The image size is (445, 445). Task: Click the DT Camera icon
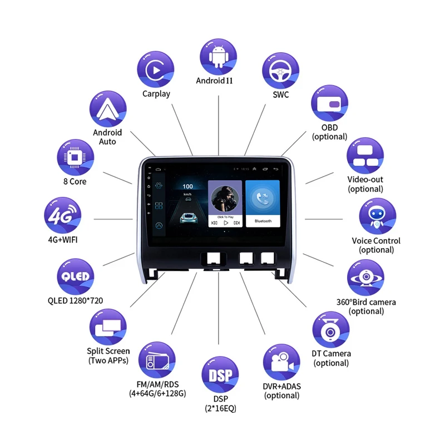coord(330,330)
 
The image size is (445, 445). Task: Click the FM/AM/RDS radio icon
coord(156,360)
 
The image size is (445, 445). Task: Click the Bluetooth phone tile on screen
coord(263,204)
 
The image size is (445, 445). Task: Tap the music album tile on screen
coord(225,204)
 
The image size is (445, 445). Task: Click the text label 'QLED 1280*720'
coord(75,301)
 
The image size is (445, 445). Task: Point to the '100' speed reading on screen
coord(188,186)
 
